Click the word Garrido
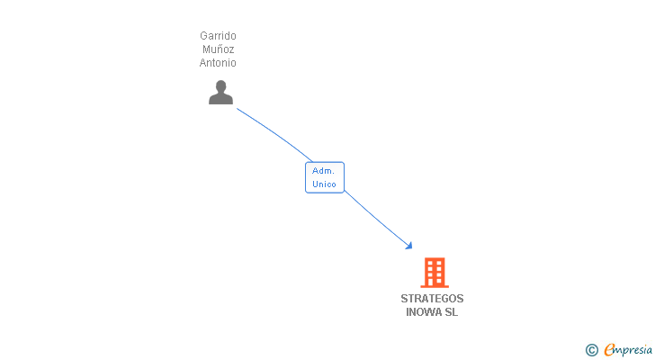(218, 35)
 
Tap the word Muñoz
(218, 49)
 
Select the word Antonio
(218, 63)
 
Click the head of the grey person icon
(220, 86)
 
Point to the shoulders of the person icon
(220, 99)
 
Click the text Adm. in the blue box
(323, 171)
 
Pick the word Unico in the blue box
(324, 184)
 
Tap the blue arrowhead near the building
(409, 246)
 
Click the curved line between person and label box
(275, 133)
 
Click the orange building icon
(435, 273)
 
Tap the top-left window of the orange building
(430, 264)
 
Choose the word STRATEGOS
(432, 299)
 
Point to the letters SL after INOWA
(451, 312)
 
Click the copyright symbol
(591, 350)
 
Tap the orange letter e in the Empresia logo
(610, 349)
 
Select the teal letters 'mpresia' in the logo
(633, 350)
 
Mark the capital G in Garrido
(203, 35)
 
